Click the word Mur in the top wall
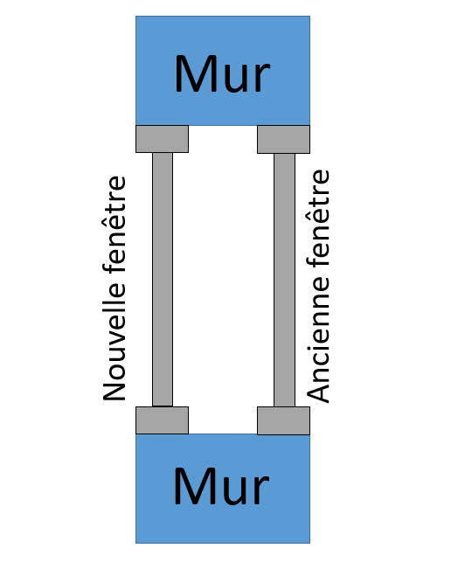click(222, 74)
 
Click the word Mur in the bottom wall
click(221, 486)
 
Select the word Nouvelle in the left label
click(114, 343)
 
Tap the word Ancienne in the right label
click(317, 340)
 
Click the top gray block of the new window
click(162, 139)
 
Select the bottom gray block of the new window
click(162, 420)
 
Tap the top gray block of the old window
click(283, 140)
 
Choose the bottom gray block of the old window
click(283, 420)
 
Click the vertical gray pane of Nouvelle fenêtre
click(163, 280)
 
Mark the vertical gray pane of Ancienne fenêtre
click(285, 280)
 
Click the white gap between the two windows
click(223, 280)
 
